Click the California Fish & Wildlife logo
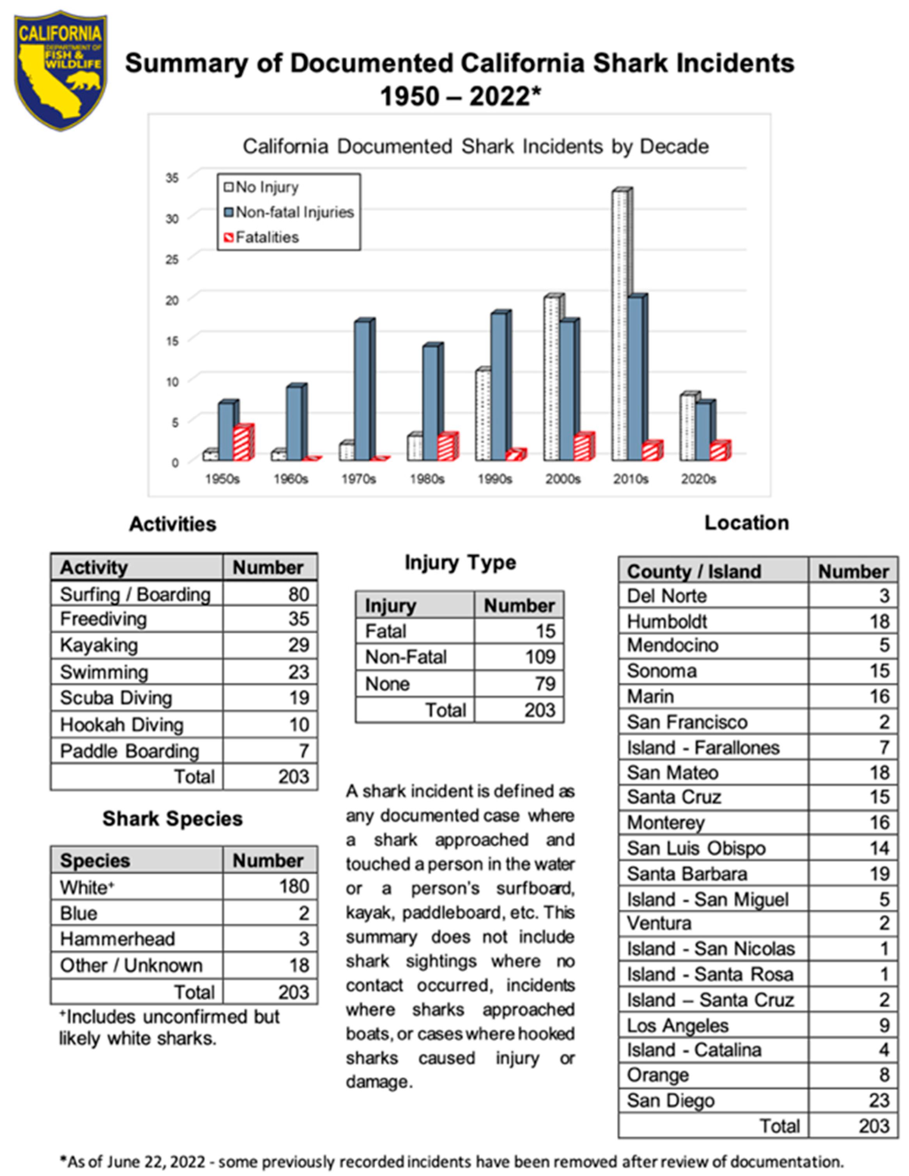click(x=60, y=70)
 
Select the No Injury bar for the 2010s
click(x=619, y=323)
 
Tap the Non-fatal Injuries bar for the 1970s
click(x=362, y=390)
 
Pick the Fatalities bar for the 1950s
click(x=241, y=443)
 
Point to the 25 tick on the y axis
click(x=172, y=259)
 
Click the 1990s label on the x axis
click(x=494, y=479)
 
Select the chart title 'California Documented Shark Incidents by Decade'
click(x=475, y=147)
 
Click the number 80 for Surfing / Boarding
click(x=298, y=594)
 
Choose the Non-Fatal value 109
click(x=540, y=657)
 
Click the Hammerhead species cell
click(x=117, y=939)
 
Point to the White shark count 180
click(x=294, y=886)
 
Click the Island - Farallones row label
click(x=703, y=747)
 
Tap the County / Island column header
click(x=694, y=571)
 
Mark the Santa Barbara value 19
click(x=879, y=873)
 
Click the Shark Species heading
click(x=172, y=818)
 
